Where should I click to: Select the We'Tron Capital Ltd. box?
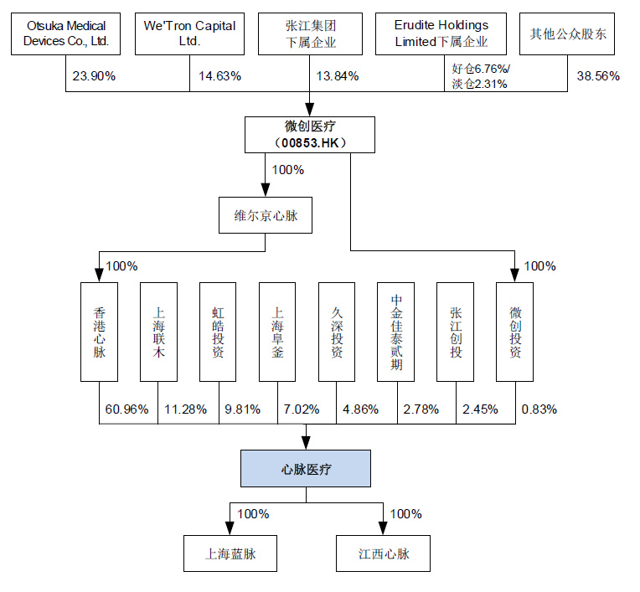point(189,33)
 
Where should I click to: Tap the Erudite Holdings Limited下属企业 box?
point(441,33)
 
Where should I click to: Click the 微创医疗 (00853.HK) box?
point(310,135)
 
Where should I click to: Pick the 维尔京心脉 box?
point(266,216)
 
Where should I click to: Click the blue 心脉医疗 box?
point(305,469)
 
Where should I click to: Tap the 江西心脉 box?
point(384,553)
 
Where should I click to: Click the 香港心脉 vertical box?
point(100,331)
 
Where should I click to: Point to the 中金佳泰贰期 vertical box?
point(397,331)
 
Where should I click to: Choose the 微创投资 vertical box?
point(516,331)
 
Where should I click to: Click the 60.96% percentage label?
point(126,409)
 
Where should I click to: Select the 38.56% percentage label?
point(598,76)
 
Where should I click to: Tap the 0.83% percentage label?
point(539,409)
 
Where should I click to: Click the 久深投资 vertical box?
point(338,331)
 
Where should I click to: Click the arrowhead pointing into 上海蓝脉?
point(230,528)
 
